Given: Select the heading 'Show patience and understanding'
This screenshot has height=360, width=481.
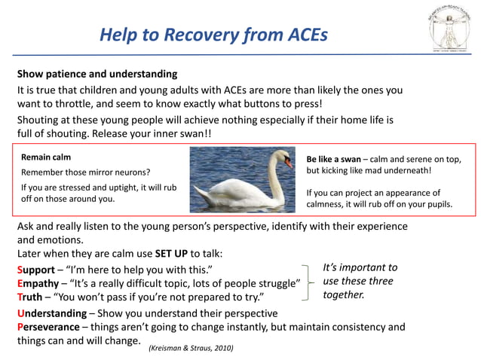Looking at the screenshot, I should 97,75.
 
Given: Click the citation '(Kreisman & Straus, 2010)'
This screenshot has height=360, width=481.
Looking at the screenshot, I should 191,348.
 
